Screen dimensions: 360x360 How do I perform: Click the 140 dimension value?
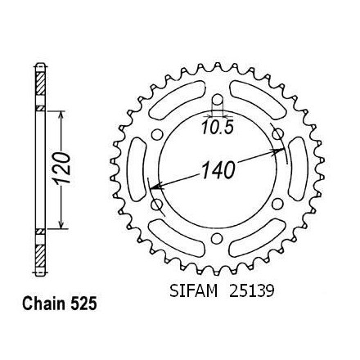(218, 170)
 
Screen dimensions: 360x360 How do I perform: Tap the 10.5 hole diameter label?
(218, 128)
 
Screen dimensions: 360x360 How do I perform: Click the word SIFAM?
(193, 290)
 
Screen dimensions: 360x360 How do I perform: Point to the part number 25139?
(251, 290)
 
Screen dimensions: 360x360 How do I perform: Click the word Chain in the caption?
(45, 304)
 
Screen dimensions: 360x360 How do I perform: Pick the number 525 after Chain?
(83, 304)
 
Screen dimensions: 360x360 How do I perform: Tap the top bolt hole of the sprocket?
(217, 100)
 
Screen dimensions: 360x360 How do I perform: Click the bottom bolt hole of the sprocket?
(217, 238)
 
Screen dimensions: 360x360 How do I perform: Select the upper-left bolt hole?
(157, 134)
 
